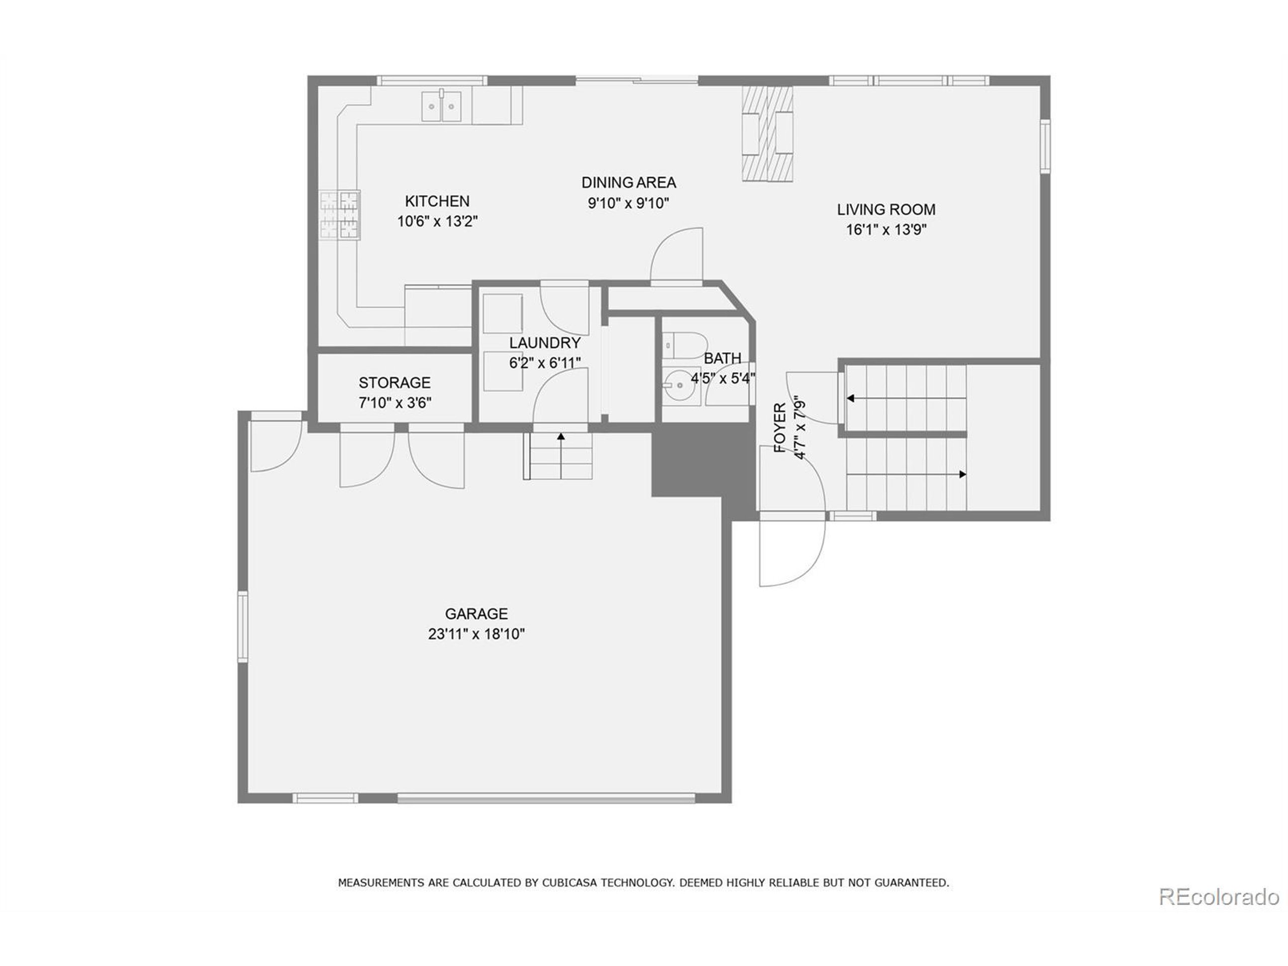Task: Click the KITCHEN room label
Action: [x=437, y=201]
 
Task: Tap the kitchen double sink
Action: [x=441, y=107]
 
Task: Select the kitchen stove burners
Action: [x=340, y=215]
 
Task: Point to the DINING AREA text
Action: [x=628, y=183]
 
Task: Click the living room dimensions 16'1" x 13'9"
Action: [x=886, y=230]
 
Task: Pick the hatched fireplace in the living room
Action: [x=767, y=134]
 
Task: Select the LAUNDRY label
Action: [x=544, y=343]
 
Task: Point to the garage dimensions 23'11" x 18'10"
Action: [x=476, y=634]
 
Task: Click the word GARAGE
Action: [x=476, y=614]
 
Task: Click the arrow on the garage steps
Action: [x=561, y=437]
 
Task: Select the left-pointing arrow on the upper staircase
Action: [x=851, y=399]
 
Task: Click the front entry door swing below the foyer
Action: [x=792, y=550]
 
